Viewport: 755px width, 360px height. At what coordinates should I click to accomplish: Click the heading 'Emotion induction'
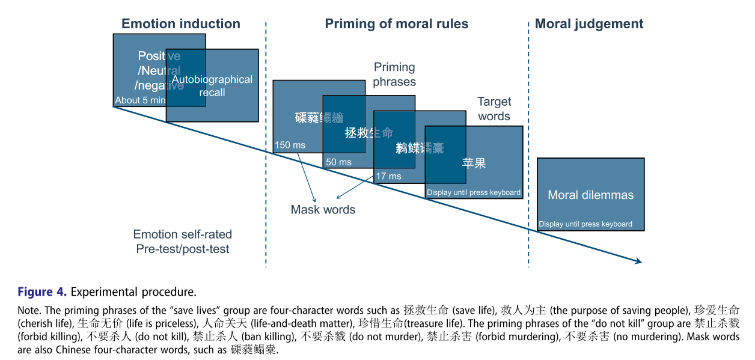pyautogui.click(x=180, y=24)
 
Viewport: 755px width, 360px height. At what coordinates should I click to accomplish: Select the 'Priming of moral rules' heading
pyautogui.click(x=396, y=24)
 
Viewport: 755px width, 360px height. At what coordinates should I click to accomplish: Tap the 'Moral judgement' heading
pyautogui.click(x=588, y=24)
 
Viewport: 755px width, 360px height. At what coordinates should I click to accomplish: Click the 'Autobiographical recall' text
pyautogui.click(x=212, y=86)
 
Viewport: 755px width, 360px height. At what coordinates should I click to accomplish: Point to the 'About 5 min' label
pyautogui.click(x=140, y=100)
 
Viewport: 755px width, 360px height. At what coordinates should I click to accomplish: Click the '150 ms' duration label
pyautogui.click(x=290, y=145)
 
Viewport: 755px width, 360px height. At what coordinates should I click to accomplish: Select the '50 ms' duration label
pyautogui.click(x=338, y=162)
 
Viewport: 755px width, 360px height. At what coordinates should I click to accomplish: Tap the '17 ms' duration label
pyautogui.click(x=388, y=176)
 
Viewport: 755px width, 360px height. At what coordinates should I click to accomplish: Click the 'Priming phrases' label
pyautogui.click(x=394, y=75)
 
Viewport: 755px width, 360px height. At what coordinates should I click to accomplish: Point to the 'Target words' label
pyautogui.click(x=494, y=109)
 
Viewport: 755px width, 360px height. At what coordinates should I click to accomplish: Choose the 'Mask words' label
pyautogui.click(x=323, y=210)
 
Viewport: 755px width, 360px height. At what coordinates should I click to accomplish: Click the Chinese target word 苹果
pyautogui.click(x=474, y=163)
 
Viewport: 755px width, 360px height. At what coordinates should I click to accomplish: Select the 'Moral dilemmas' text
pyautogui.click(x=590, y=195)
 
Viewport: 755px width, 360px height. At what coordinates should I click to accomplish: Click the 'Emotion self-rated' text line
pyautogui.click(x=182, y=234)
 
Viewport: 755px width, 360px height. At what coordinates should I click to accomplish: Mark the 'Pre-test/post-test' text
pyautogui.click(x=182, y=249)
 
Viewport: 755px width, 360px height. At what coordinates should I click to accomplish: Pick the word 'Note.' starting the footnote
pyautogui.click(x=29, y=311)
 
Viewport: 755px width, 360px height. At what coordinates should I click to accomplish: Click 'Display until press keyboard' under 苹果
pyautogui.click(x=474, y=193)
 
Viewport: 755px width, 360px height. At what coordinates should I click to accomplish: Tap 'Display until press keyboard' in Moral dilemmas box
pyautogui.click(x=585, y=224)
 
